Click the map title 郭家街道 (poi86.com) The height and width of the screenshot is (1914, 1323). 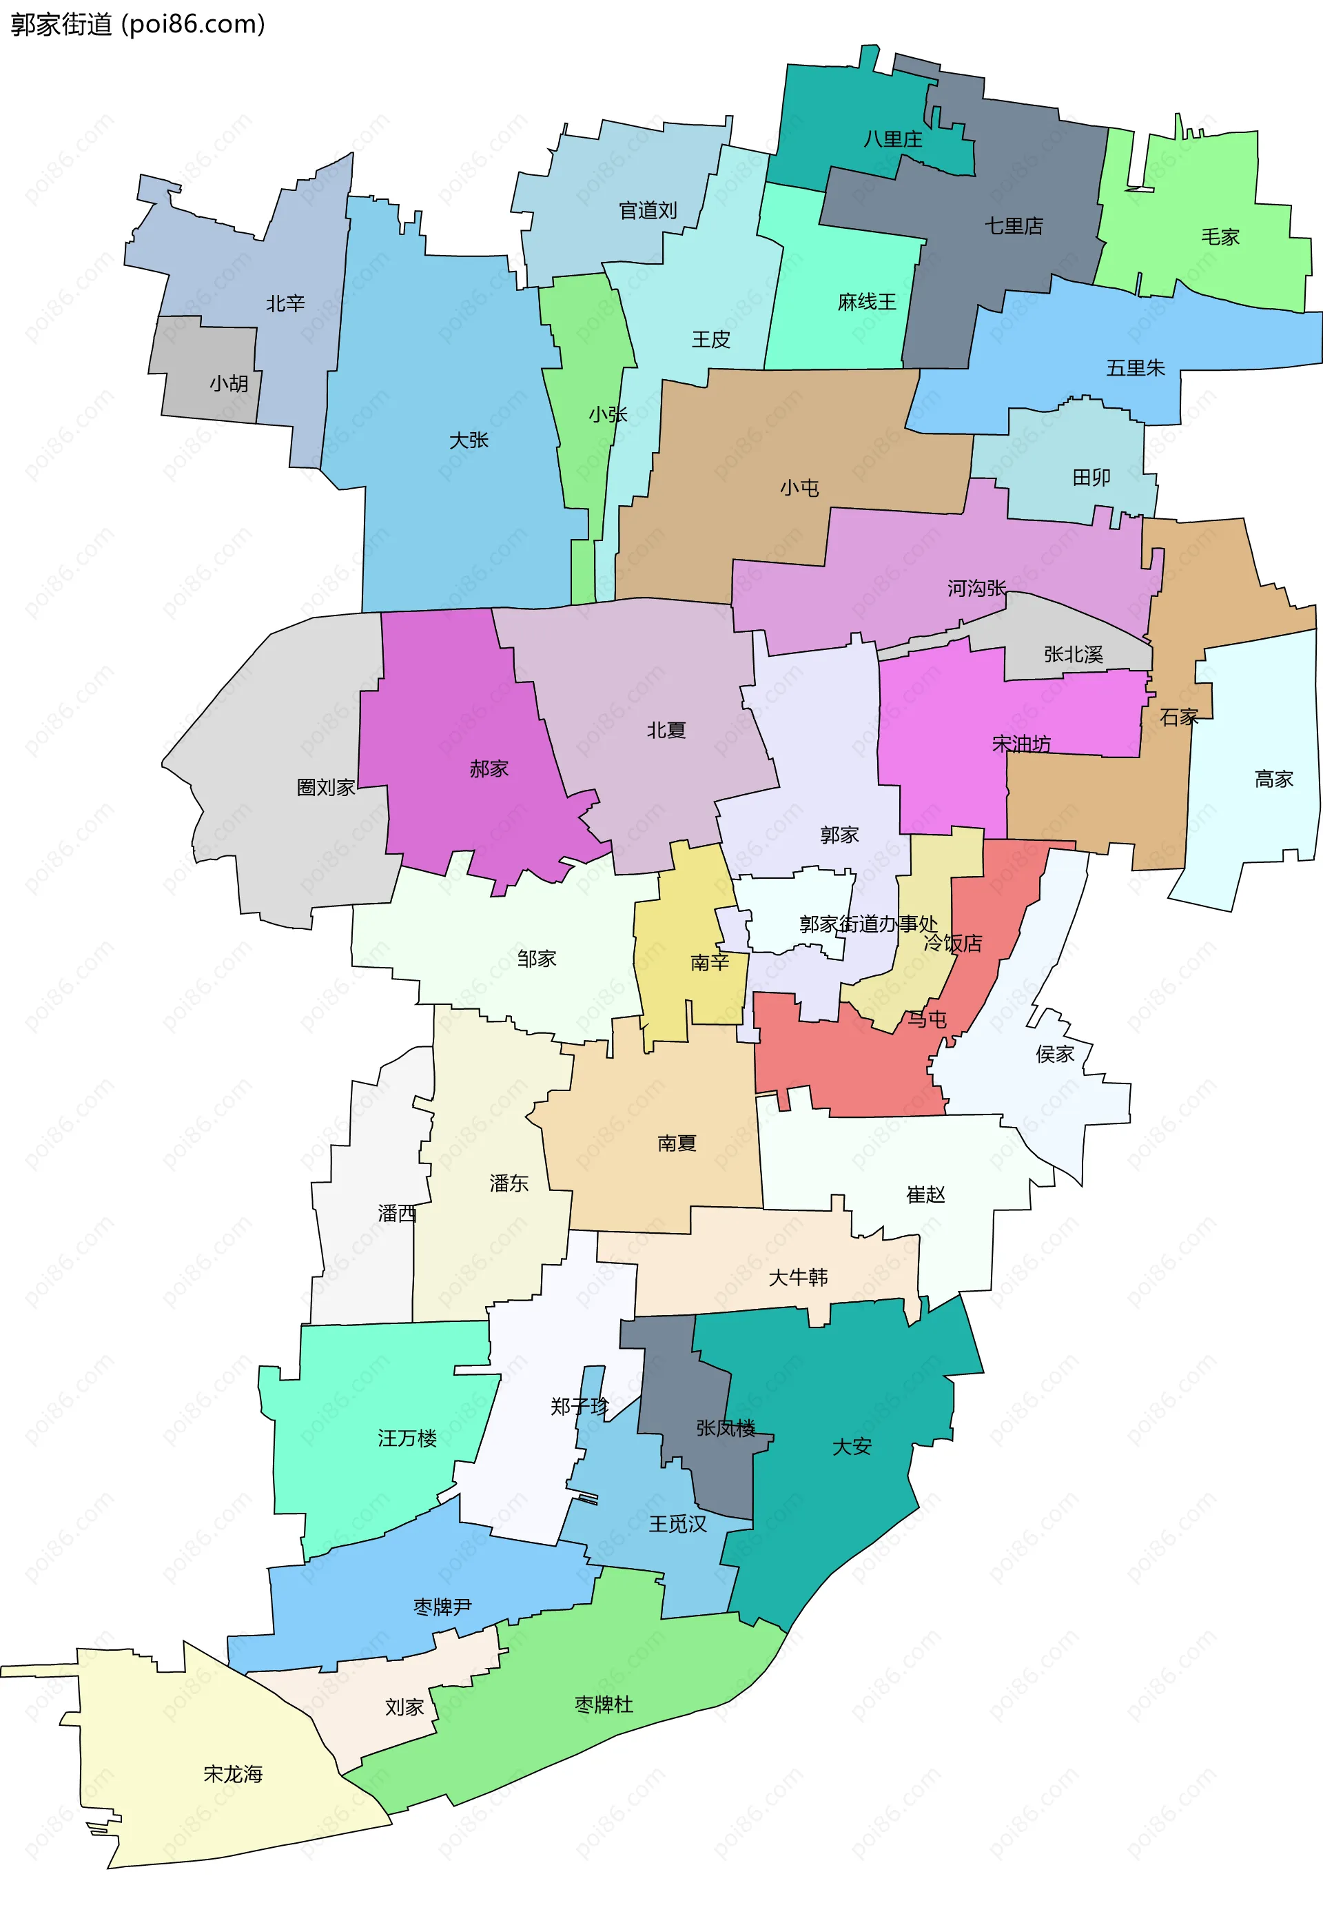point(138,25)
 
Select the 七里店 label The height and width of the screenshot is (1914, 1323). point(1013,225)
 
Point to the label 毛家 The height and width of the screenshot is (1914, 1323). point(1220,237)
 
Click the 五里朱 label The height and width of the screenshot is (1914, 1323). point(1135,368)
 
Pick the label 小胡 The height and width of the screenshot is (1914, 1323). point(229,384)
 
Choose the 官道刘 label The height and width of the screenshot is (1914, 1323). point(648,210)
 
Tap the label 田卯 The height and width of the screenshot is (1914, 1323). point(1091,478)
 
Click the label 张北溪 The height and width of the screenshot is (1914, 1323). point(1073,655)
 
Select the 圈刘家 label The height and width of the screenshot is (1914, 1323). point(326,788)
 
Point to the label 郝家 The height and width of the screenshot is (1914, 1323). point(489,769)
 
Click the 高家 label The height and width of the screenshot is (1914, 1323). point(1273,780)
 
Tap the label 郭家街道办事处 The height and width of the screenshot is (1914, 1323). point(868,924)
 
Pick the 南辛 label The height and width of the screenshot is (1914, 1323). point(710,962)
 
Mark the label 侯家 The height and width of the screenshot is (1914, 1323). point(1054,1055)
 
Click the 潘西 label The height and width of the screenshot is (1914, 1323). point(397,1214)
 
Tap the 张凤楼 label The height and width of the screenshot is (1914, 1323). point(726,1428)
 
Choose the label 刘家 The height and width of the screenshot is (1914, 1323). point(404,1708)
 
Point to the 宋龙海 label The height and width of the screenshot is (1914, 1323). point(233,1774)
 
